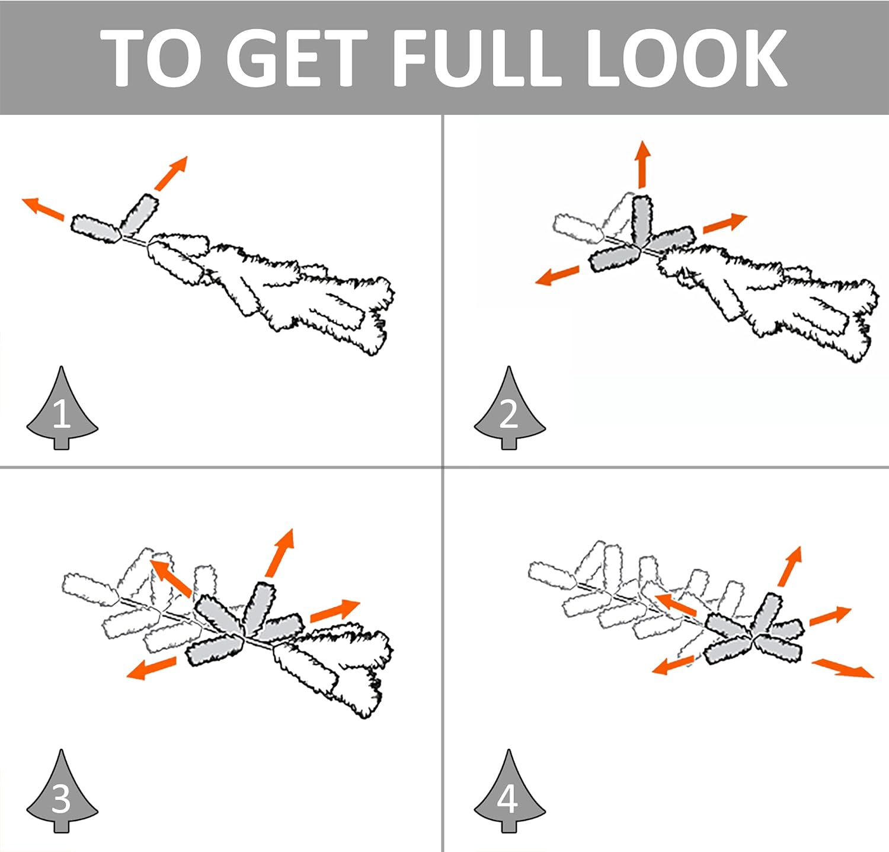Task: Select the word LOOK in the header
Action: click(687, 57)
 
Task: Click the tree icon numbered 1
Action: click(62, 409)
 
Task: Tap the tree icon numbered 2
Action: click(509, 409)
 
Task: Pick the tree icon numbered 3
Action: click(62, 792)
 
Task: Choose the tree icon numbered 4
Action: click(509, 792)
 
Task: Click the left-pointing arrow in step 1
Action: click(43, 209)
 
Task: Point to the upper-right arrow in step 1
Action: click(171, 173)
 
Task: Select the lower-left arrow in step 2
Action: click(557, 276)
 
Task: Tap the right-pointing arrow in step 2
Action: click(725, 223)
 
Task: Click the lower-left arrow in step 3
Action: click(151, 668)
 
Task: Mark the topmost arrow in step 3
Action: click(280, 552)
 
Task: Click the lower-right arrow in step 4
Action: click(843, 668)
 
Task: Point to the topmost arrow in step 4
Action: click(790, 566)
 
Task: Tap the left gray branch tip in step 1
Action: click(96, 229)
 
